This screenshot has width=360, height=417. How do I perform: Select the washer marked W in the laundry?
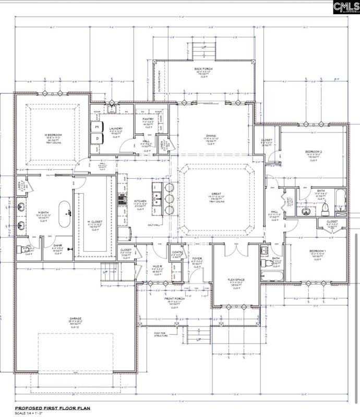coord(97,126)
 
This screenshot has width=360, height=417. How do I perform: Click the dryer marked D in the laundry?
coord(97,139)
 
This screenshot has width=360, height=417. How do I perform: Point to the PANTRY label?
coord(148,119)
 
